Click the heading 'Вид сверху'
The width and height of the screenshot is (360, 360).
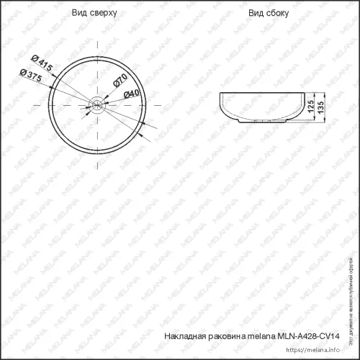[x=94, y=14]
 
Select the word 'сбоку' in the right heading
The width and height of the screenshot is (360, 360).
[x=275, y=14]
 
